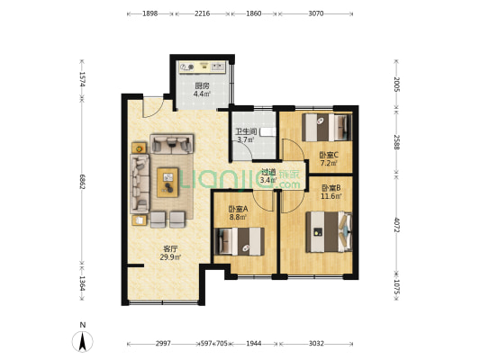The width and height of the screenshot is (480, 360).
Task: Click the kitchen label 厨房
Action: (202, 86)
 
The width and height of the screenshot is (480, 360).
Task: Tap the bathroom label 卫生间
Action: (246, 131)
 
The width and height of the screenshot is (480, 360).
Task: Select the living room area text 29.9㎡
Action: (170, 257)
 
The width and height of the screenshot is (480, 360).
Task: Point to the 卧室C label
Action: (329, 155)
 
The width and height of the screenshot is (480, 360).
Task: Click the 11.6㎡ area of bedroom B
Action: (331, 196)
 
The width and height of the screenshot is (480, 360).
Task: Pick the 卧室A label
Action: (238, 209)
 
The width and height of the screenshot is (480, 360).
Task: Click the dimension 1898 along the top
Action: (150, 13)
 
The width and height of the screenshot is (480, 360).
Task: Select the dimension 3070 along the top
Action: (316, 13)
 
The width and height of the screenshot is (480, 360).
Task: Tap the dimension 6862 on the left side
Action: (82, 182)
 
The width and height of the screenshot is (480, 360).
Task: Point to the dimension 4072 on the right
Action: (397, 225)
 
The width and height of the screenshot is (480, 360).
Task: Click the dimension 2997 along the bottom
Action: (163, 344)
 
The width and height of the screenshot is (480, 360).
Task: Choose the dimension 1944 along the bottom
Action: (254, 344)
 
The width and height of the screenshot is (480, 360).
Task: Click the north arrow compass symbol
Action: (82, 341)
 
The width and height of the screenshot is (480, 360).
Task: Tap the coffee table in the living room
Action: (168, 183)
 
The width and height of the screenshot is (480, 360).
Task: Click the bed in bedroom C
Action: (327, 127)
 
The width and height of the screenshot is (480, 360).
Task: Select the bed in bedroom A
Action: (239, 241)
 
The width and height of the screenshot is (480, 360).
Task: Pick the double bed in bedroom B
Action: (329, 232)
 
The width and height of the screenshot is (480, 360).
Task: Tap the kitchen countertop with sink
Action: (203, 67)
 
